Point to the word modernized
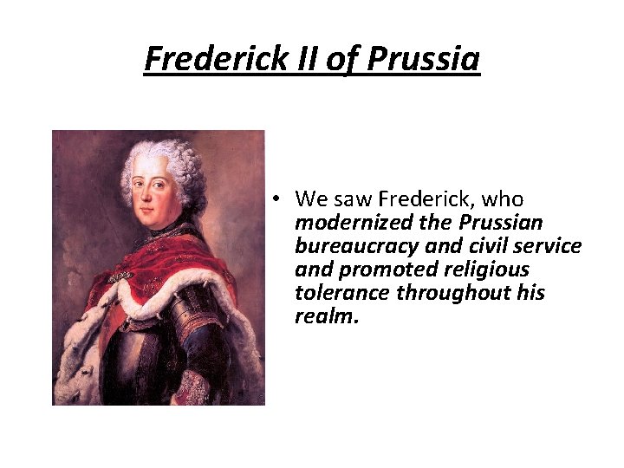[348, 223]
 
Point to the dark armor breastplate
[143, 355]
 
